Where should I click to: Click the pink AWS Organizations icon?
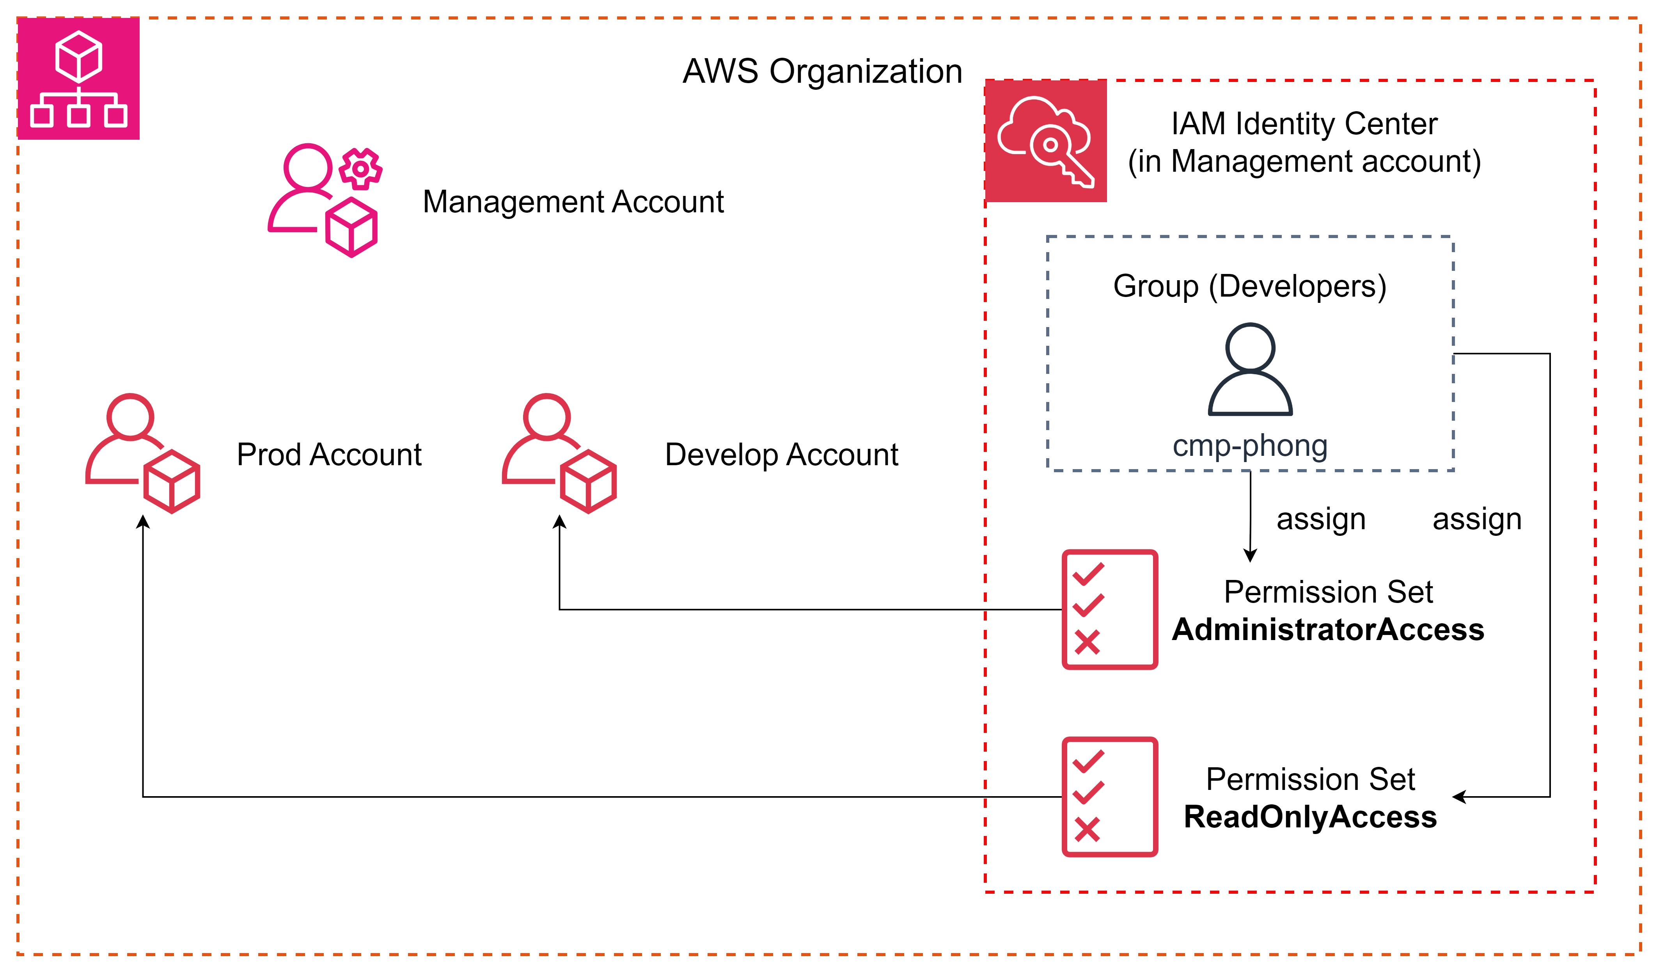pos(78,78)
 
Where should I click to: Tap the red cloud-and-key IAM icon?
pos(1045,141)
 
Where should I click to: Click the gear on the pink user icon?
pos(360,169)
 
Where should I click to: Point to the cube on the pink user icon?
pos(351,228)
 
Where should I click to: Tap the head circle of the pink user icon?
pos(308,166)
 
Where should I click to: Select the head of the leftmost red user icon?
pos(130,416)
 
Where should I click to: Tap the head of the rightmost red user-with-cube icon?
pos(546,416)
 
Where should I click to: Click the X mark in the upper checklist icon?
pos(1087,642)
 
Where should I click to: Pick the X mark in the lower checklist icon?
pos(1087,830)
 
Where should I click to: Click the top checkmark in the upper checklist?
pos(1088,574)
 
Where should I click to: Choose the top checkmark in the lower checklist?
pos(1088,761)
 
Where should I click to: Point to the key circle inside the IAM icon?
pos(1050,145)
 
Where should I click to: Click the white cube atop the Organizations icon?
pos(78,57)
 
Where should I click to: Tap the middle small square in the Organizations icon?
pos(78,116)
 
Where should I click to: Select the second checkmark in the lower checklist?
pos(1088,793)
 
